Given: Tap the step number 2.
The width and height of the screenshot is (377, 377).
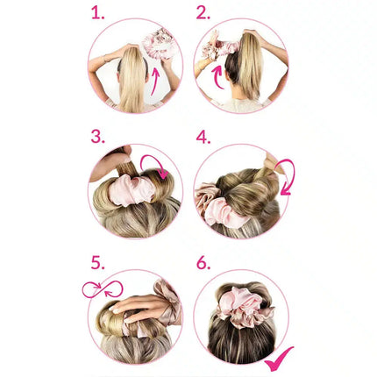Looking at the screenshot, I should pos(203,13).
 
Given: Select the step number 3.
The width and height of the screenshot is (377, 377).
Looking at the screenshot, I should pos(97,137).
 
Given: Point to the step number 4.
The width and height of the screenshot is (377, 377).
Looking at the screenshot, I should pos(203,137).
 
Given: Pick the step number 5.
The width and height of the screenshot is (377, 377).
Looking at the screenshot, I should pos(97,262).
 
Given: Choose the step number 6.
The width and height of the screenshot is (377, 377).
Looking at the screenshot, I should pos(203,262).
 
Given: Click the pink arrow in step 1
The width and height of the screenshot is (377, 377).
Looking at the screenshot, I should pos(156,81).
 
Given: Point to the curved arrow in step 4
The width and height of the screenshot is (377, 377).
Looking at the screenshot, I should pos(286,176).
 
